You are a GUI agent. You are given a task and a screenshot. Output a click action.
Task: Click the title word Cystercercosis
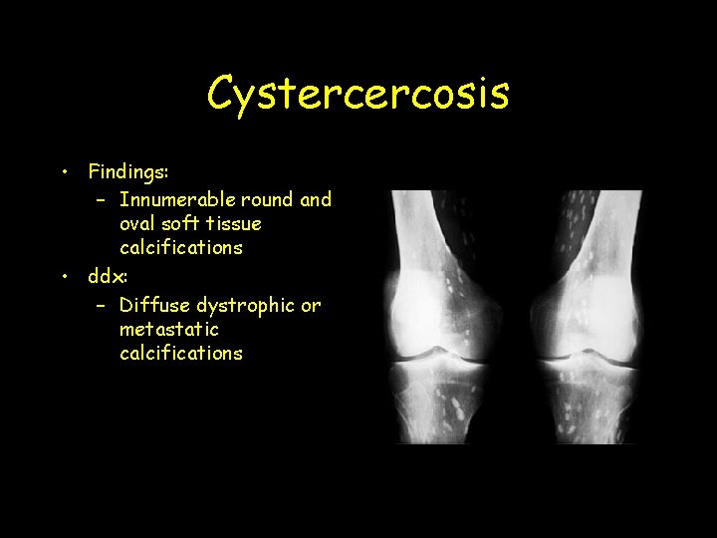(358, 94)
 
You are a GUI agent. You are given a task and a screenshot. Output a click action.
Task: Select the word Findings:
(128, 172)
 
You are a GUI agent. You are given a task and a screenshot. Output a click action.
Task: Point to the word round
(271, 199)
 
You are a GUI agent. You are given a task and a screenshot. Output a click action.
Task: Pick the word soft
(182, 223)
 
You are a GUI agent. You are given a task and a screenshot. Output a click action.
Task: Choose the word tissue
(234, 223)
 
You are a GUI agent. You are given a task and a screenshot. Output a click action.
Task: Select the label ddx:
(108, 275)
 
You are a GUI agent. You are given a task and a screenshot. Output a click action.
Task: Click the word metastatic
(168, 329)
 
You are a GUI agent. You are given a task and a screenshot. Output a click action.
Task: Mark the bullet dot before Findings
(63, 171)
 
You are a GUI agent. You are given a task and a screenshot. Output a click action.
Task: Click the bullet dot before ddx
(63, 275)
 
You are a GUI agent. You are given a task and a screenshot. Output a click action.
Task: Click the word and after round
(316, 199)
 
